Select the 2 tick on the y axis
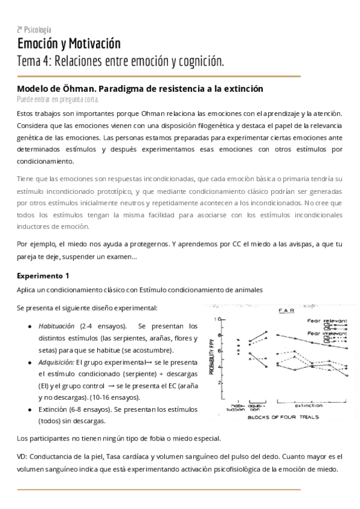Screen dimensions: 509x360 coord(220,382)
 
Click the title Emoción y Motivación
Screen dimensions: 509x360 coord(68,44)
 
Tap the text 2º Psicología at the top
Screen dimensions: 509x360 coord(34,29)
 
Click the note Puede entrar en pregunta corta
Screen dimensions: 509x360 coord(58,99)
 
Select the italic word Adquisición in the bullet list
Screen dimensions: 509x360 coord(56,363)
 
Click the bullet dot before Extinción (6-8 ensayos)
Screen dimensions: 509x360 coord(30,409)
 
